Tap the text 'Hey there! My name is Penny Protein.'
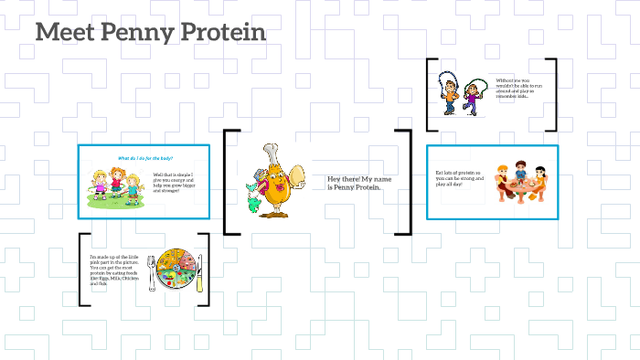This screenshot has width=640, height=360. tap(358, 184)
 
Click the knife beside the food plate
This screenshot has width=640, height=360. tap(198, 271)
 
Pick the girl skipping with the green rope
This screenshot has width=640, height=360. tap(473, 94)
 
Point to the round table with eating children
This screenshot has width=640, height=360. tap(520, 188)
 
